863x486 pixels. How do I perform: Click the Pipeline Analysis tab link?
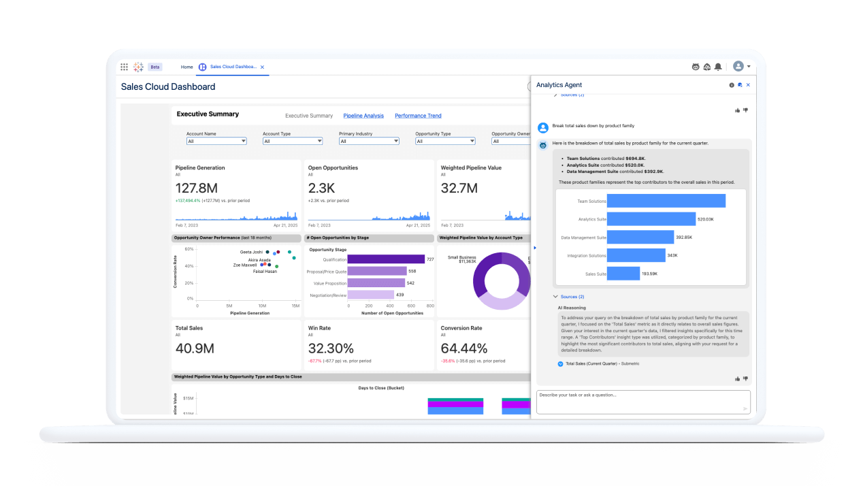pos(363,116)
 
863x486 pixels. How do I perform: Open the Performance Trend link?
pos(418,116)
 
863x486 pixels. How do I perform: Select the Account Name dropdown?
pos(216,141)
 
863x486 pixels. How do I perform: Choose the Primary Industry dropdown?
pos(369,141)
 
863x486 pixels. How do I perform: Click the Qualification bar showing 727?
pos(386,259)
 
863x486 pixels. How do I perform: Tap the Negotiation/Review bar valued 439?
pos(370,295)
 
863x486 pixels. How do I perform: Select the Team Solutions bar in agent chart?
pos(666,201)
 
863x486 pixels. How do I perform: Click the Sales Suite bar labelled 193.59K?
pos(623,274)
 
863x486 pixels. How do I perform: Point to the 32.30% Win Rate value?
pos(331,349)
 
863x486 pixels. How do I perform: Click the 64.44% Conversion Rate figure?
pos(464,349)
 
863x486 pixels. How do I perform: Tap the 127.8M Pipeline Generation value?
pos(197,188)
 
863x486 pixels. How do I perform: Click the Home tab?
pos(186,67)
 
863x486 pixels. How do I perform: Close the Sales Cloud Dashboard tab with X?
pos(262,67)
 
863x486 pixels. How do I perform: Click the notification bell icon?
pos(717,67)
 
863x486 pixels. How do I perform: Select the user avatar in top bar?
pos(738,67)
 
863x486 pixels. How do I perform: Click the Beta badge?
pos(155,67)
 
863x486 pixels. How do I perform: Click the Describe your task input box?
pos(642,402)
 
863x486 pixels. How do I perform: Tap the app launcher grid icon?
pos(124,67)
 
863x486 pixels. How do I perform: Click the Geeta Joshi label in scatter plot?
pos(251,252)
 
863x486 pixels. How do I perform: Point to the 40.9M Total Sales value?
pos(195,349)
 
